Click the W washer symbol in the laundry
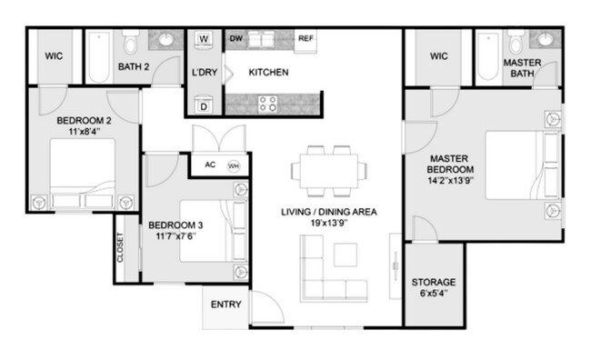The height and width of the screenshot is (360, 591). click(204, 39)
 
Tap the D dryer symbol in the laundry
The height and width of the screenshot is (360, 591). click(204, 106)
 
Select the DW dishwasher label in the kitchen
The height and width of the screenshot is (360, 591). click(235, 39)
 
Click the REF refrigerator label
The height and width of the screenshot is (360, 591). click(307, 39)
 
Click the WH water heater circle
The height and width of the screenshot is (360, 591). click(234, 166)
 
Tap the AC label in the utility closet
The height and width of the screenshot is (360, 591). click(209, 165)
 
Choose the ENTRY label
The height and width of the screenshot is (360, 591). click(226, 305)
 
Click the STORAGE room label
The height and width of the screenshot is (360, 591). click(434, 282)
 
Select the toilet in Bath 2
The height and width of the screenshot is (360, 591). click(132, 43)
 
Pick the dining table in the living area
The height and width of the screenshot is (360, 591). click(329, 169)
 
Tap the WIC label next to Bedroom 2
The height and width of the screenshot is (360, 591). click(53, 56)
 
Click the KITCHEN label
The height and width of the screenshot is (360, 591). click(269, 72)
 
